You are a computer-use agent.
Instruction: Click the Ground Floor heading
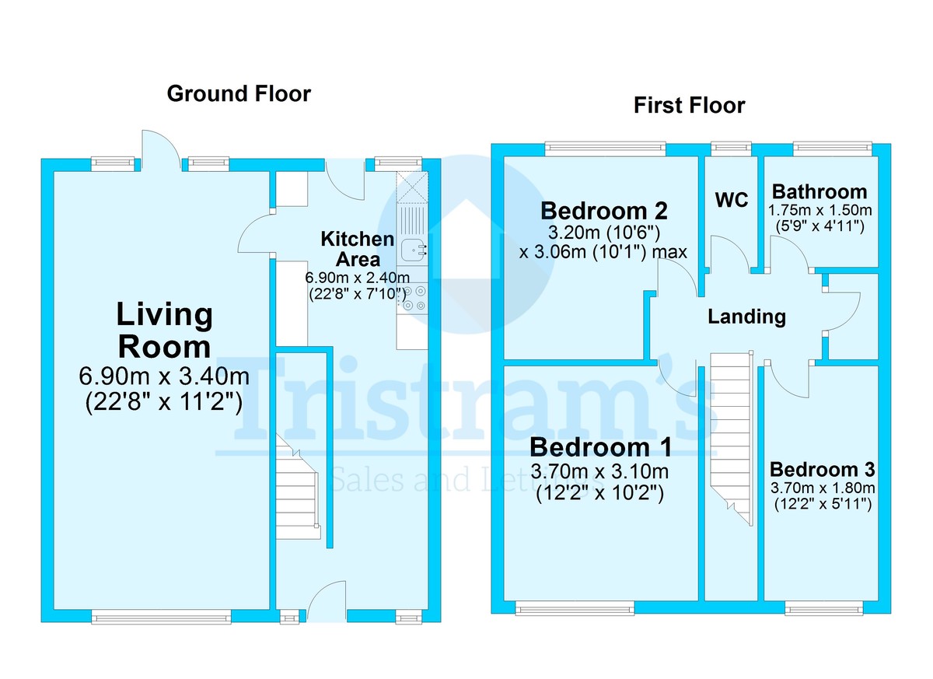point(239,94)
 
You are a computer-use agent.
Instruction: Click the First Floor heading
point(689,105)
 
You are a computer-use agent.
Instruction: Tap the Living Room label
point(164,330)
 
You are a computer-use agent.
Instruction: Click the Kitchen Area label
point(357,249)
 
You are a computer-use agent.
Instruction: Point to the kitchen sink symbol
point(413,250)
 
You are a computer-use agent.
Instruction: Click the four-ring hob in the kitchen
point(413,299)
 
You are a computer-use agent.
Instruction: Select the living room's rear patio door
point(160,152)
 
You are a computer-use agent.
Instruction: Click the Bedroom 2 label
point(603,211)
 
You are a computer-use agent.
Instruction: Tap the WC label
point(732,200)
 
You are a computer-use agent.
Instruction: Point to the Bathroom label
point(819,191)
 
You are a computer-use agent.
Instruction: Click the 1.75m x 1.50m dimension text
point(819,211)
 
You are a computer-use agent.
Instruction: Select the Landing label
point(746,317)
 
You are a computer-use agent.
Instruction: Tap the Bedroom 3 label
point(822,470)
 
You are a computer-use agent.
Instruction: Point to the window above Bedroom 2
point(605,146)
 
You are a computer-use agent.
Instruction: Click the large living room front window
point(161,618)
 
